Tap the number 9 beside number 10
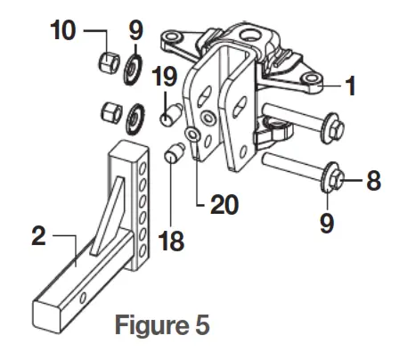tap(135, 30)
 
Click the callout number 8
tap(374, 180)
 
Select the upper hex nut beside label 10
tap(109, 63)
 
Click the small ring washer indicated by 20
tap(190, 136)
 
